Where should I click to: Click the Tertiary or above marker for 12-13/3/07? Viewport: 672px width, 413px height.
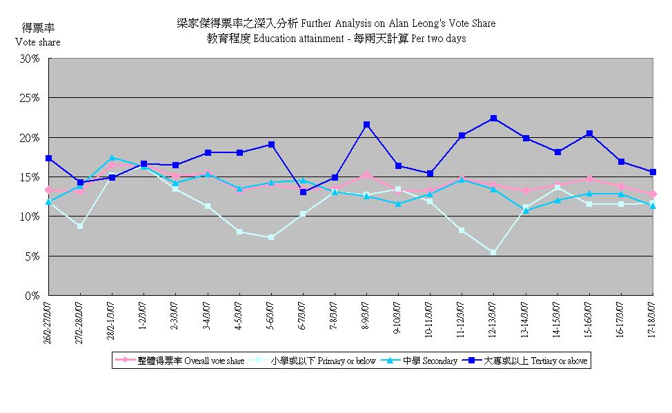pyautogui.click(x=493, y=118)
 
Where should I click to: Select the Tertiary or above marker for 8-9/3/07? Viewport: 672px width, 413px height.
pyautogui.click(x=366, y=125)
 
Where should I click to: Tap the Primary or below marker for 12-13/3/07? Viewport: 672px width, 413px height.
pyautogui.click(x=493, y=252)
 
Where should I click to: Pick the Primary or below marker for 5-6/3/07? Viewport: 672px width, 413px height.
pyautogui.click(x=271, y=237)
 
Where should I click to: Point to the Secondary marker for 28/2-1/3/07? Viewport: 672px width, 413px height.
pyautogui.click(x=112, y=158)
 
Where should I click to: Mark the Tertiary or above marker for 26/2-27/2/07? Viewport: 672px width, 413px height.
pyautogui.click(x=48, y=158)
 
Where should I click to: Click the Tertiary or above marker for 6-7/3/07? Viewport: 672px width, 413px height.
pyautogui.click(x=303, y=192)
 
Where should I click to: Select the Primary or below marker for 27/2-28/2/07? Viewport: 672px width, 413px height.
pyautogui.click(x=80, y=226)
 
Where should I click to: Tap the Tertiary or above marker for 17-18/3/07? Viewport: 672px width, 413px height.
pyautogui.click(x=652, y=172)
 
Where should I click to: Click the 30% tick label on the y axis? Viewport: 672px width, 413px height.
pyautogui.click(x=29, y=59)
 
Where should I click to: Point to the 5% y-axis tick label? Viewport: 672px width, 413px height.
pyautogui.click(x=32, y=256)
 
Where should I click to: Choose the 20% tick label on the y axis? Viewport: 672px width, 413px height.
pyautogui.click(x=29, y=138)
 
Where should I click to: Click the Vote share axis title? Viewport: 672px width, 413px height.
pyautogui.click(x=38, y=42)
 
